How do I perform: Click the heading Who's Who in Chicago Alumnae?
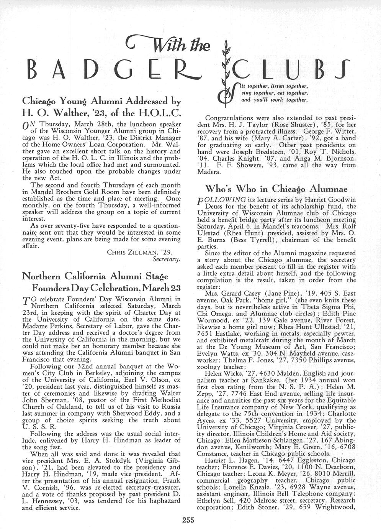(276, 189)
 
